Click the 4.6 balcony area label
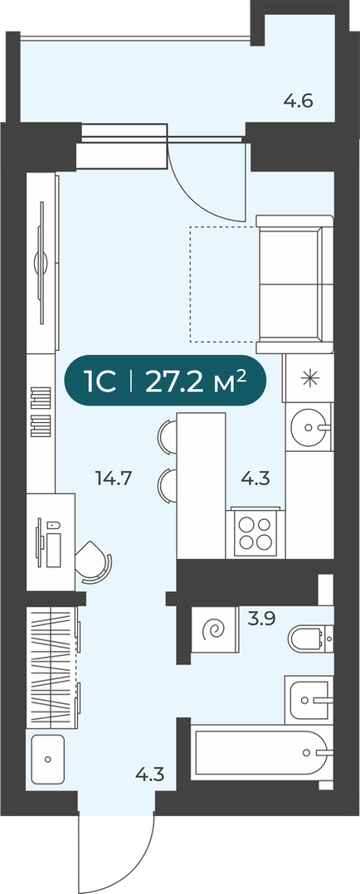299,103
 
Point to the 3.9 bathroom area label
261,619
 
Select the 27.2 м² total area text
196,381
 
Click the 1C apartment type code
100,381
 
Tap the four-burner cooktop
255,533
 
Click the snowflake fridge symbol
309,377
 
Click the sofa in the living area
294,284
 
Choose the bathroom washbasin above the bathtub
309,698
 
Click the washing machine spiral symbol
216,630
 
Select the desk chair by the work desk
94,561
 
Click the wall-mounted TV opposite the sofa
41,264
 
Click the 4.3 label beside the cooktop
255,478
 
